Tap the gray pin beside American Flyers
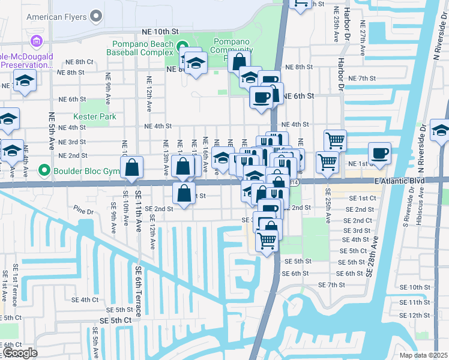click(97, 16)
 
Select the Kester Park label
click(94, 116)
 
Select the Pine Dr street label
click(85, 211)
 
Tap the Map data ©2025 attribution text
click(424, 355)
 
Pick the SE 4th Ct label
click(85, 299)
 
